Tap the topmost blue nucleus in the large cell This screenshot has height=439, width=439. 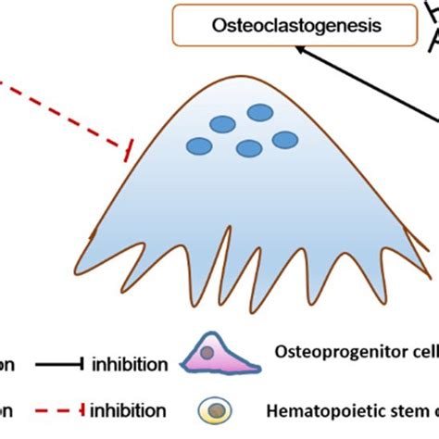[258, 112]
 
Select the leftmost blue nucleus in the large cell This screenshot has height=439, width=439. [199, 144]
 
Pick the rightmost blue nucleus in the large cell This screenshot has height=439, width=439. [286, 140]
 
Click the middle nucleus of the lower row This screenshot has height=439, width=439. [249, 148]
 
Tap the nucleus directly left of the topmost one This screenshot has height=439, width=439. [222, 124]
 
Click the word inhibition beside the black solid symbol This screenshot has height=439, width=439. [129, 365]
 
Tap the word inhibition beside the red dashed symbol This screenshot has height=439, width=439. [129, 408]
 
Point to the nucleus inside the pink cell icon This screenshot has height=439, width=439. [212, 353]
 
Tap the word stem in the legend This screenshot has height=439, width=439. [400, 408]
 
